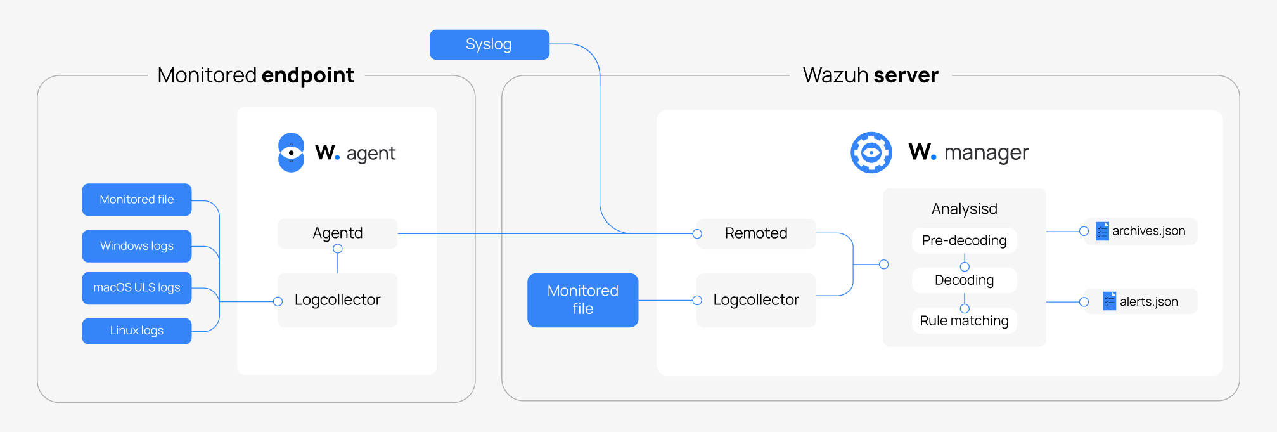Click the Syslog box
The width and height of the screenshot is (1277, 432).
point(489,44)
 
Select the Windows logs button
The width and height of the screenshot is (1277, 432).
point(136,245)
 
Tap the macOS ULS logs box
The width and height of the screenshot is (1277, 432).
point(136,288)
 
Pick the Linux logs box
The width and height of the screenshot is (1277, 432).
point(136,331)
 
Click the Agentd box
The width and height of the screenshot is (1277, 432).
point(337,233)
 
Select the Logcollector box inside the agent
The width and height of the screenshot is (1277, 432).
point(337,300)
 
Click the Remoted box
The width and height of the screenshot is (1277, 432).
point(756,233)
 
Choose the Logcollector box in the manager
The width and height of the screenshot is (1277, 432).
point(756,300)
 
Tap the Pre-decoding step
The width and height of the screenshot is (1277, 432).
point(964,240)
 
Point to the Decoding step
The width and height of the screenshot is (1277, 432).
point(964,280)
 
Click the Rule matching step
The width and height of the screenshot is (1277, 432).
point(964,321)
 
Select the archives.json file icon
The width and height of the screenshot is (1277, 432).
point(1102,231)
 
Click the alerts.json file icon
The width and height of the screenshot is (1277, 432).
point(1109,301)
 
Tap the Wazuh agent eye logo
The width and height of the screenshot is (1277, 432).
point(291,153)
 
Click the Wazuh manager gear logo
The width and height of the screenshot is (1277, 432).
point(871,152)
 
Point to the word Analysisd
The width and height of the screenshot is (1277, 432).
point(964,209)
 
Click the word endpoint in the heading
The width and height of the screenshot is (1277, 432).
point(307,75)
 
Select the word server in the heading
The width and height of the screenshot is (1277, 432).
point(906,75)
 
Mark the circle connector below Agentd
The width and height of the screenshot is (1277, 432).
point(338,249)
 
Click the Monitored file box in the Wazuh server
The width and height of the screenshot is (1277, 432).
point(582,300)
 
